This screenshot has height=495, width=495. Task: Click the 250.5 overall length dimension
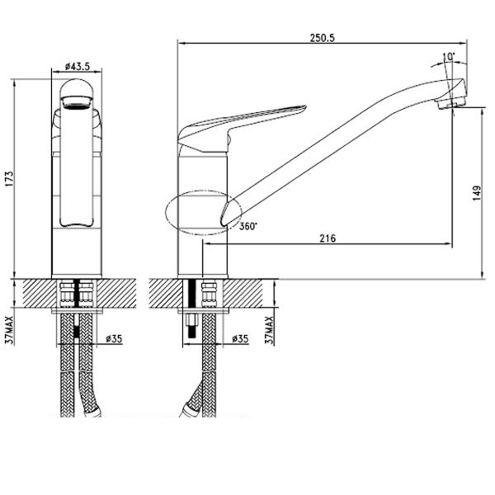pyautogui.click(x=322, y=38)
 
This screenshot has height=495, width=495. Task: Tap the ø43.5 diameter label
pyautogui.click(x=78, y=66)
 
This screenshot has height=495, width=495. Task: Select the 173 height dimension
pyautogui.click(x=9, y=179)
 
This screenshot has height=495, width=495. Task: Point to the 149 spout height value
pyautogui.click(x=477, y=194)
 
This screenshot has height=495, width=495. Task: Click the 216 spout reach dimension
pyautogui.click(x=328, y=238)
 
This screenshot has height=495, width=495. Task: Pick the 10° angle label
pyautogui.click(x=449, y=57)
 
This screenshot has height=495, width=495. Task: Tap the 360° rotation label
pyautogui.click(x=248, y=226)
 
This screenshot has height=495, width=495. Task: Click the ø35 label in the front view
pyautogui.click(x=114, y=339)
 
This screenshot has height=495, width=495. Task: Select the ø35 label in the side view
pyautogui.click(x=240, y=339)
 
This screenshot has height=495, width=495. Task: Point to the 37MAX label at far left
pyautogui.click(x=9, y=330)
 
